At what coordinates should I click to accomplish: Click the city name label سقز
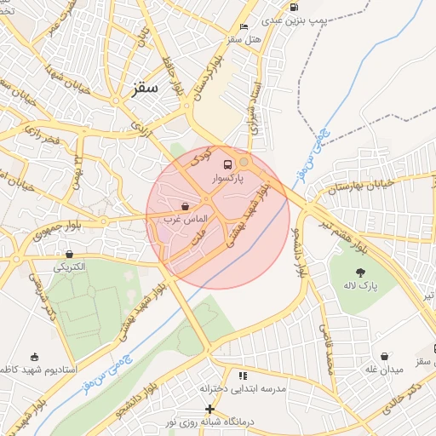[x=146, y=89]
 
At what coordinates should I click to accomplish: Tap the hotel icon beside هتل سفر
[x=244, y=26]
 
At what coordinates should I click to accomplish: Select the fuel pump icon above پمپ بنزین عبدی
[x=294, y=8]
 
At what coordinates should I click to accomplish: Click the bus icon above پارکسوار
[x=227, y=164]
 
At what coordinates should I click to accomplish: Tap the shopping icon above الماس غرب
[x=186, y=206]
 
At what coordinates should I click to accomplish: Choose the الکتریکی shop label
[x=71, y=267]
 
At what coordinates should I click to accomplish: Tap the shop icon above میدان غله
[x=385, y=357]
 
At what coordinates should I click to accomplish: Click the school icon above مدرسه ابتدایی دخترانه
[x=243, y=375]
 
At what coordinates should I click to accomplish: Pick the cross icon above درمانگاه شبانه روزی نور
[x=209, y=410]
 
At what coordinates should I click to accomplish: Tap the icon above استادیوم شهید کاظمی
[x=34, y=357]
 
